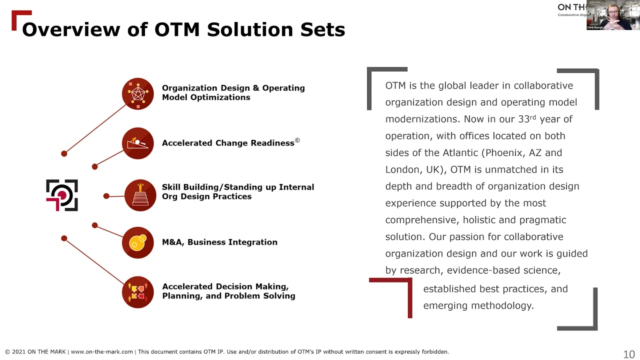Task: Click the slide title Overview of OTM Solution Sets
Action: pyautogui.click(x=183, y=29)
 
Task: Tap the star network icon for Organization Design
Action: pyautogui.click(x=137, y=93)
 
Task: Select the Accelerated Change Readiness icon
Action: pyautogui.click(x=137, y=143)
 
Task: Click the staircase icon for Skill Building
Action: pyautogui.click(x=140, y=195)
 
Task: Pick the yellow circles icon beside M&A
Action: pyautogui.click(x=137, y=242)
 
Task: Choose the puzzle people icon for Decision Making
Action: pyautogui.click(x=137, y=291)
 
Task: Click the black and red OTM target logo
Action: pyautogui.click(x=62, y=195)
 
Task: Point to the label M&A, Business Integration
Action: pyautogui.click(x=219, y=242)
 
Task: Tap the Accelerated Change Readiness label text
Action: pyautogui.click(x=228, y=143)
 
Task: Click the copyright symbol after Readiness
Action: pyautogui.click(x=297, y=140)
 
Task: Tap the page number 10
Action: pyautogui.click(x=629, y=354)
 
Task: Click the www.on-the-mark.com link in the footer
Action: pyautogui.click(x=102, y=351)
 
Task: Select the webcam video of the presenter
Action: pyautogui.click(x=613, y=15)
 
